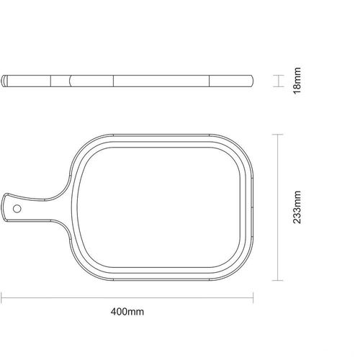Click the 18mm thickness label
pyautogui.click(x=297, y=81)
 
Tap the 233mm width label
pyautogui.click(x=297, y=207)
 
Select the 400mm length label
pyautogui.click(x=127, y=312)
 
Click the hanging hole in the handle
pyautogui.click(x=17, y=209)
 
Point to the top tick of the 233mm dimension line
pyautogui.click(x=278, y=135)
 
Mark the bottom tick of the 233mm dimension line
pyautogui.click(x=278, y=280)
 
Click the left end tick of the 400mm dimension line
pyautogui.click(x=1, y=298)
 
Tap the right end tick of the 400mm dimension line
pyautogui.click(x=253, y=298)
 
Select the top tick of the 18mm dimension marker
pyautogui.click(x=279, y=76)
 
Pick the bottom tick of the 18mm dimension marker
pyautogui.click(x=279, y=86)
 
